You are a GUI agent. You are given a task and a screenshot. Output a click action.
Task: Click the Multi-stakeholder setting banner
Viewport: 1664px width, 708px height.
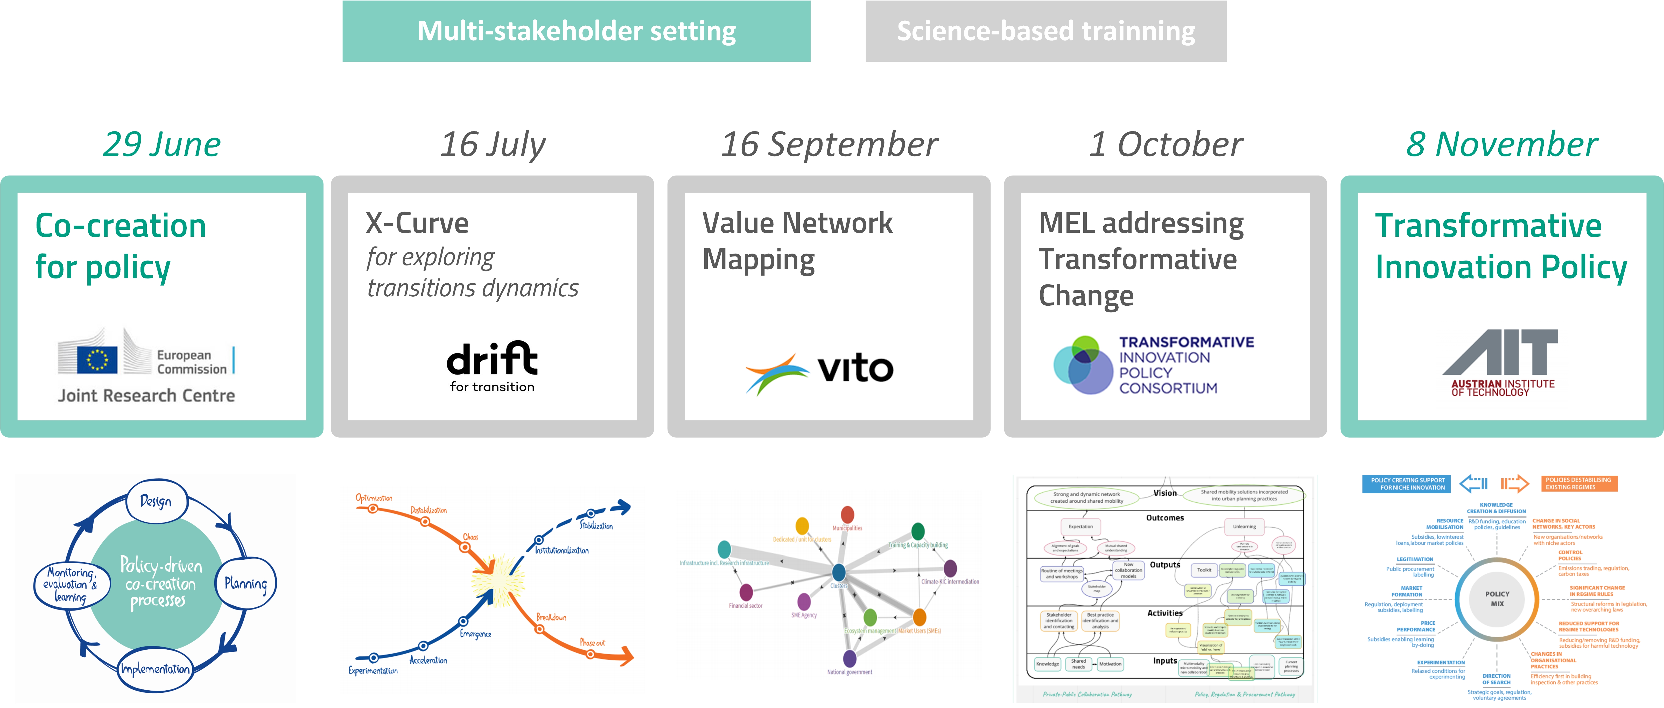point(576,31)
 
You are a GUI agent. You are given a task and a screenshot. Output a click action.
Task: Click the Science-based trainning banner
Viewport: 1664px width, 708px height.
point(1046,31)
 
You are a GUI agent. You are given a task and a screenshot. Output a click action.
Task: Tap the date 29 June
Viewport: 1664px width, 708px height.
point(162,144)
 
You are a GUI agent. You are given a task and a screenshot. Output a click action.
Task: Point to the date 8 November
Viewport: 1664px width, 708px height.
point(1502,144)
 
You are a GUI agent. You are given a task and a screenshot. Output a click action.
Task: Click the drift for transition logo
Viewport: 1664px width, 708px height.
point(492,366)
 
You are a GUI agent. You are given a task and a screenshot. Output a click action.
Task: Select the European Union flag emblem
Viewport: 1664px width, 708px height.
point(97,359)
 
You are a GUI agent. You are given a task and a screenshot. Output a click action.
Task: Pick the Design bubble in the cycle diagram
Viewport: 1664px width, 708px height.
point(156,501)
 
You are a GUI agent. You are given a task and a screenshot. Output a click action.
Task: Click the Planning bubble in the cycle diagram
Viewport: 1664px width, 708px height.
point(245,583)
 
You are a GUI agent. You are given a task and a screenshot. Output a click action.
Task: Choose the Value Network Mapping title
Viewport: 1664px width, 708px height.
point(797,241)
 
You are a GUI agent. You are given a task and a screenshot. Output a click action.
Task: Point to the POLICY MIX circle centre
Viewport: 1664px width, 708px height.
point(1497,599)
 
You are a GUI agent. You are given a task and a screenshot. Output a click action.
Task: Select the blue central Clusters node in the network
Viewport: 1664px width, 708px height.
point(838,572)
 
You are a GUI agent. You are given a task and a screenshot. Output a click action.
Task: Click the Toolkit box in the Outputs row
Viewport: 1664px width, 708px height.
point(1204,570)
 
